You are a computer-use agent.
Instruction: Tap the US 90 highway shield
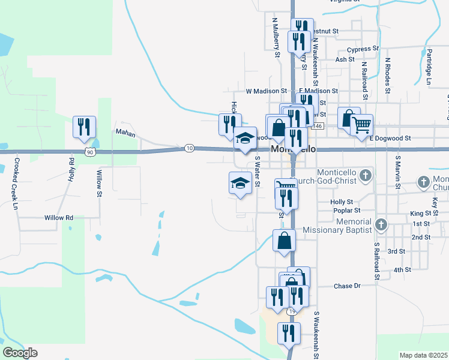[x=89, y=152]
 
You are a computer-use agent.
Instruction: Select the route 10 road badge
[x=190, y=148]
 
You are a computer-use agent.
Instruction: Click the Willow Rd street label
[x=58, y=218]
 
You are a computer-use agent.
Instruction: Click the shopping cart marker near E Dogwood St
[x=361, y=125]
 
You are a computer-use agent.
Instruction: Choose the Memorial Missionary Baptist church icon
[x=379, y=225]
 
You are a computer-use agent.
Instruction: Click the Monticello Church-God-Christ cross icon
[x=368, y=175]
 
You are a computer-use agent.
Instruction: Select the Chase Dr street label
[x=346, y=286]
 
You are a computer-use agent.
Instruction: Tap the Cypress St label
[x=366, y=49]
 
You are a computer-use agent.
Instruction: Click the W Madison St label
[x=266, y=91]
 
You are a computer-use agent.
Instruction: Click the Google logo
[x=20, y=353]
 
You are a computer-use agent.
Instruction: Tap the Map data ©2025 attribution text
[x=423, y=355]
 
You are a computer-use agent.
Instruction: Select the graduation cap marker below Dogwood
[x=240, y=182]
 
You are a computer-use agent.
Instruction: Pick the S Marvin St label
[x=397, y=170]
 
